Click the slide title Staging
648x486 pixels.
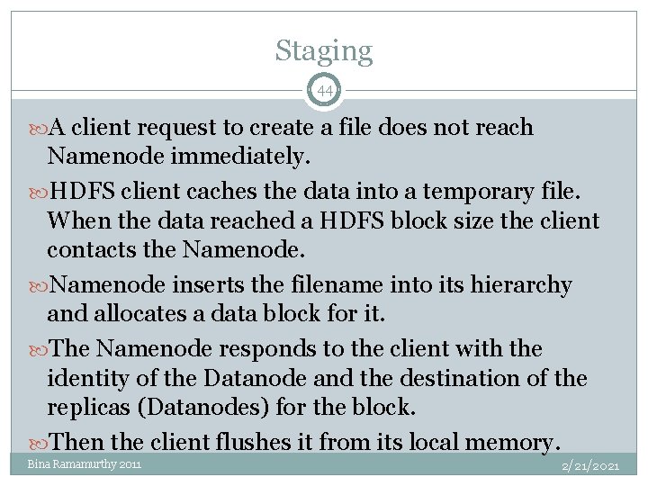pyautogui.click(x=323, y=50)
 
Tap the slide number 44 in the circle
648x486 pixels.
pyautogui.click(x=324, y=91)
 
